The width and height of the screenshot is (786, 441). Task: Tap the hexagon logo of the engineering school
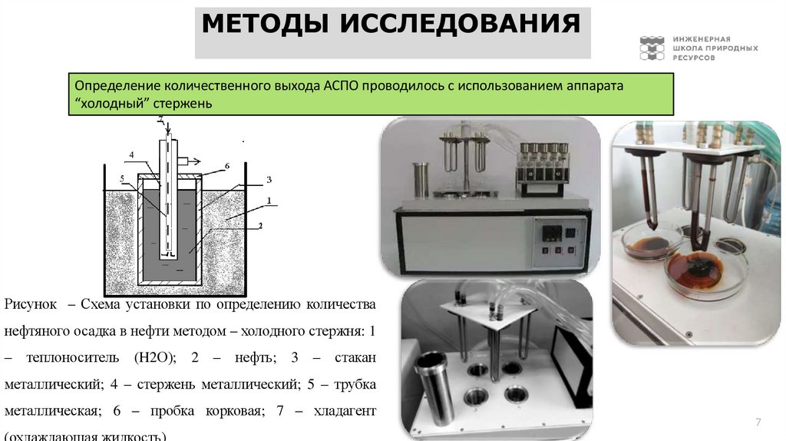(653, 48)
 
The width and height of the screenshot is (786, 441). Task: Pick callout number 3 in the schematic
(269, 179)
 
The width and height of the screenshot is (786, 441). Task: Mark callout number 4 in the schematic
(131, 154)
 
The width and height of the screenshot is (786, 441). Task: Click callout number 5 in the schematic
(122, 179)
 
